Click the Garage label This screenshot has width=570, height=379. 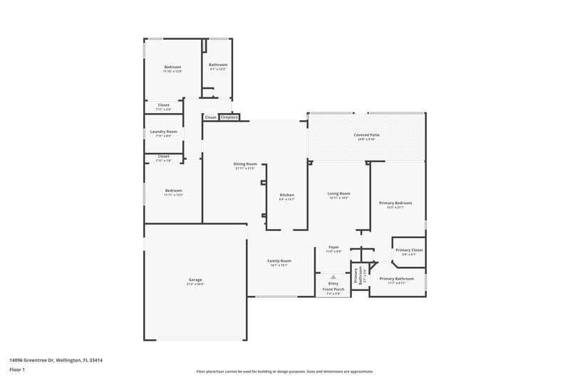click(195, 279)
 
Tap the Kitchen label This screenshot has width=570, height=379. click(286, 195)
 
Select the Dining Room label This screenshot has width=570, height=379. click(245, 164)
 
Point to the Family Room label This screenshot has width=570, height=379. click(279, 261)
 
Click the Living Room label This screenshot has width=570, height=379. click(339, 193)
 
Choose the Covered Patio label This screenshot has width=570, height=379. click(365, 134)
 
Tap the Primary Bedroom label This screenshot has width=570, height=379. click(399, 203)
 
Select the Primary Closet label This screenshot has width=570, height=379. click(409, 250)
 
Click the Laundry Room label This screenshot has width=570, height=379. click(163, 132)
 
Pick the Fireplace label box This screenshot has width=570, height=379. click(229, 117)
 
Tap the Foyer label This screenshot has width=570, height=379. click(333, 247)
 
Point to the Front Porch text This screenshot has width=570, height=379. click(333, 289)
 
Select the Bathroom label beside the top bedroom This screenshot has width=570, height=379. click(218, 65)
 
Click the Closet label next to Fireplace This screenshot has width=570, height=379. click(211, 117)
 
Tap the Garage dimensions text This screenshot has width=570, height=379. click(195, 284)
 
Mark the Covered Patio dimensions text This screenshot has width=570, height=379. click(365, 139)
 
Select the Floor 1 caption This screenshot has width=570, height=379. click(17, 370)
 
